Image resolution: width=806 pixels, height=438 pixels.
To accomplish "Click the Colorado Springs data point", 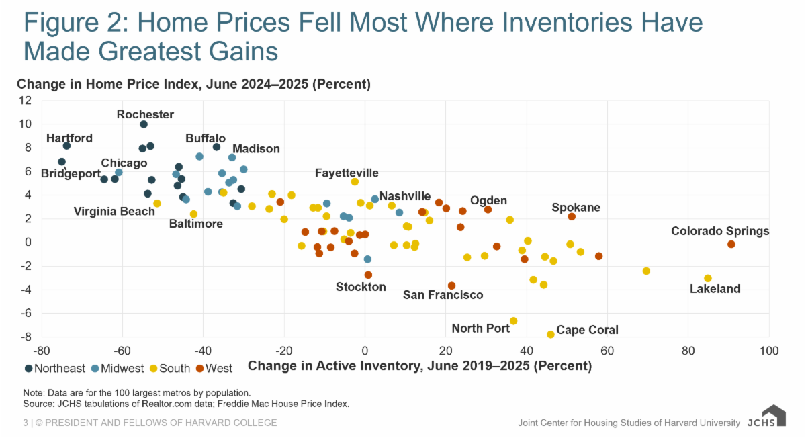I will click(x=731, y=245).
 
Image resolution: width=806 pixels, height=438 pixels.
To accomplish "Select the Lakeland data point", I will click(x=708, y=278).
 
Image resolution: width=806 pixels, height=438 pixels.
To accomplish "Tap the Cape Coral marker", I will click(x=551, y=334).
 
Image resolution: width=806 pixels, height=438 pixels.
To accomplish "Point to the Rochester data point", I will click(x=144, y=124).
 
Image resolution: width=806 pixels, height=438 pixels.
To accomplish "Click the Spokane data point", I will click(x=572, y=216).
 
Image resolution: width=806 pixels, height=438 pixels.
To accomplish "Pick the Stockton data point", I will click(x=368, y=275).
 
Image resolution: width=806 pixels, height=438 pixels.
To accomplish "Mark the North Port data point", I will click(x=514, y=321).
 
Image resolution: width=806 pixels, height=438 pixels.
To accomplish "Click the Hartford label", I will click(x=69, y=138).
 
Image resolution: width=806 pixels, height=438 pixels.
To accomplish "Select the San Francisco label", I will click(x=443, y=295).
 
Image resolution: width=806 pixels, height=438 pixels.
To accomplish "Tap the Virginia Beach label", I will click(x=114, y=212).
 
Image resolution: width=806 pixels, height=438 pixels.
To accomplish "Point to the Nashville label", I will click(x=405, y=196).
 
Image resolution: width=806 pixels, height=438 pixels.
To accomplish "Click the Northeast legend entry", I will click(x=55, y=368).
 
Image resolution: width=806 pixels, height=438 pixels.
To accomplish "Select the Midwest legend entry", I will click(x=117, y=368).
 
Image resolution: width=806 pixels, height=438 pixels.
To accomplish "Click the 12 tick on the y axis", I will click(x=26, y=100).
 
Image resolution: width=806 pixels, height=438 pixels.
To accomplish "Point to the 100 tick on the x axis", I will click(x=769, y=351).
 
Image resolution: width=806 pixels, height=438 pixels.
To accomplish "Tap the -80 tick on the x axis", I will click(x=42, y=351).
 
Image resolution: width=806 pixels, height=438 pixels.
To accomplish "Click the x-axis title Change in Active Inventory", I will click(x=420, y=367).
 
